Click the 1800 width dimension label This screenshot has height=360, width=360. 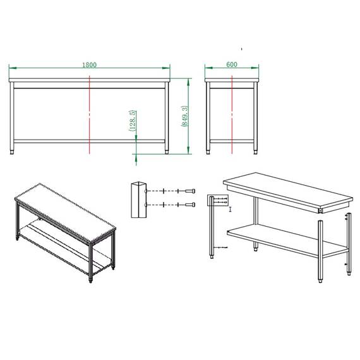tap(89, 65)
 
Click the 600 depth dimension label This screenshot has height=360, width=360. tap(232, 64)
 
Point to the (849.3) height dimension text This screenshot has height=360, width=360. tap(185, 116)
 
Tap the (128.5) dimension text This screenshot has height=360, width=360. tap(133, 121)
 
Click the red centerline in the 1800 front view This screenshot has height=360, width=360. tap(90, 115)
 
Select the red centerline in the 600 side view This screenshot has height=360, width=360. tap(232, 115)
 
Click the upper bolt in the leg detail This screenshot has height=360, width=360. tap(190, 191)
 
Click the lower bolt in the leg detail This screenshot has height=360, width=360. tap(190, 205)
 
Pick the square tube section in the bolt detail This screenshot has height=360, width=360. tap(139, 200)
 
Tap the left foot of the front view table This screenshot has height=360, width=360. tap(12, 152)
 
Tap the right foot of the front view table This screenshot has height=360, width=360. tap(167, 152)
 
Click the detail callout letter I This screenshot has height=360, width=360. tap(231, 209)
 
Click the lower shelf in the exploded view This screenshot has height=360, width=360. tap(287, 240)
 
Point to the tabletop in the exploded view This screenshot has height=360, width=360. tap(288, 193)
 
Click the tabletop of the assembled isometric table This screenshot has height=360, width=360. tap(66, 212)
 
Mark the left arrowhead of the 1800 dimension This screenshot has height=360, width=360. tap(13, 68)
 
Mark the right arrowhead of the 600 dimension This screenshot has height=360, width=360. tap(255, 68)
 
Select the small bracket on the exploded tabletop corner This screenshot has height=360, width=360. tap(320, 210)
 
